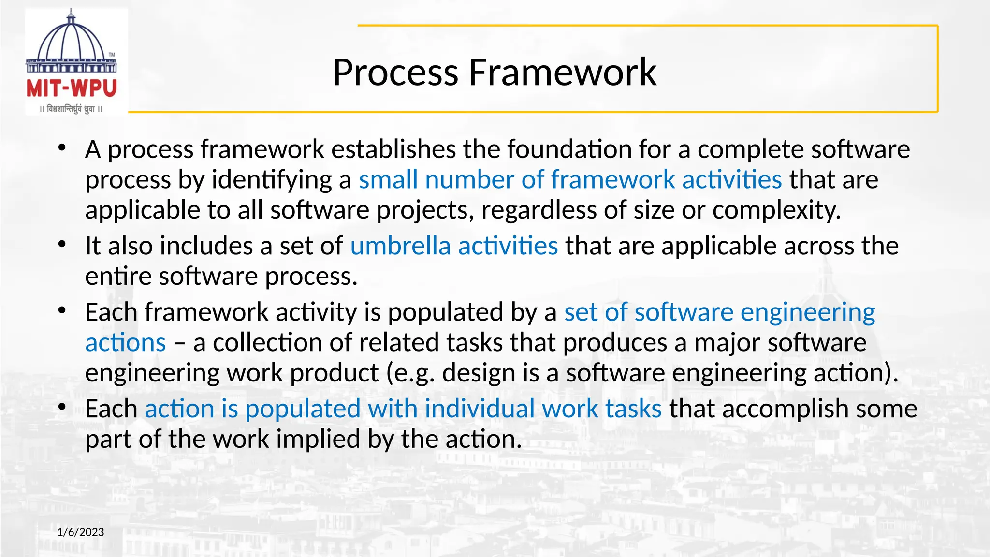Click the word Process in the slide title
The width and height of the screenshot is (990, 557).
[x=395, y=73]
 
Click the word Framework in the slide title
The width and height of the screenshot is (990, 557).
[x=562, y=73]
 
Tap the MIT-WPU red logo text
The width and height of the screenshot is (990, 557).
[x=72, y=89]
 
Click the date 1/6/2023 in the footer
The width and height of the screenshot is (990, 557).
[x=81, y=532]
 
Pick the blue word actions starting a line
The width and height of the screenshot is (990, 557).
[x=126, y=343]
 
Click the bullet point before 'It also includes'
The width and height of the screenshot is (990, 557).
[x=61, y=245]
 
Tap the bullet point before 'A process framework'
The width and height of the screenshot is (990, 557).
[x=61, y=148]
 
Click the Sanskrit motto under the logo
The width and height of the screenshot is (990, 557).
[x=72, y=109]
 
